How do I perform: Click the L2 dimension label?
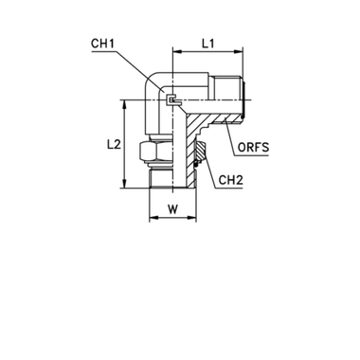click(114, 145)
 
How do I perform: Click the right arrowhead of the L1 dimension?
click(242, 52)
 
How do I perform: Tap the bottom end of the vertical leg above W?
click(172, 186)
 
